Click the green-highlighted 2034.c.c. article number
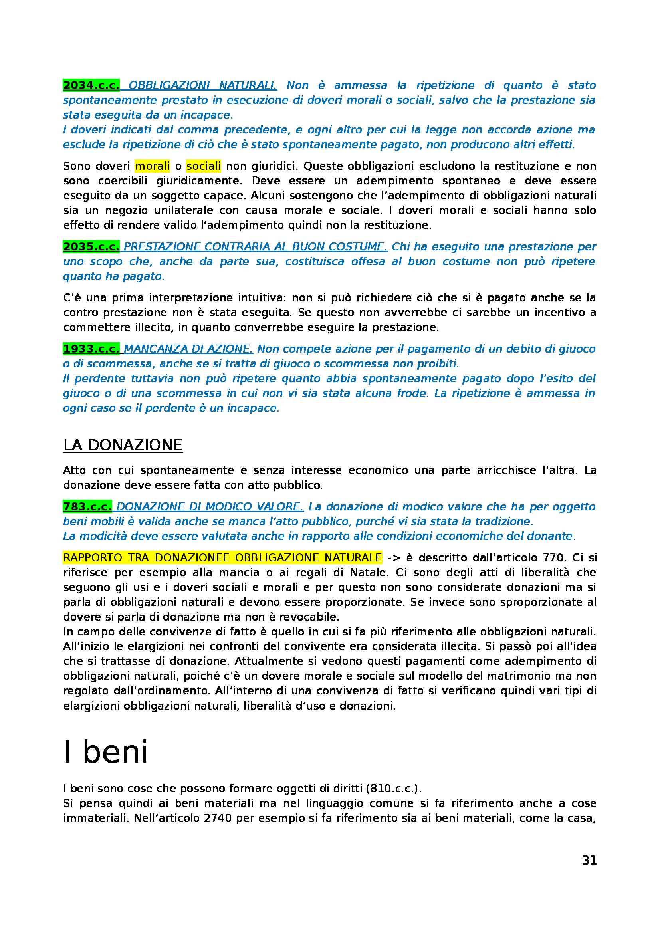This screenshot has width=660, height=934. coord(91,85)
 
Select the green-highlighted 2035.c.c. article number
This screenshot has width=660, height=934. coord(91,246)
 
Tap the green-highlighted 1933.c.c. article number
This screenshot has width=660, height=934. coord(91,349)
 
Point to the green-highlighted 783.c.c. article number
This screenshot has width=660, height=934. coord(87,506)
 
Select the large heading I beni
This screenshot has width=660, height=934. coord(106,752)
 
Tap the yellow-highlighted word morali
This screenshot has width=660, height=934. coord(153,166)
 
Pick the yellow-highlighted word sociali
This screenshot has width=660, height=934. coord(203,166)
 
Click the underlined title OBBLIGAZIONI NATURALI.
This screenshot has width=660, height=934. coord(202,85)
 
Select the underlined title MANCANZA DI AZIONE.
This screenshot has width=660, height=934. coord(188,349)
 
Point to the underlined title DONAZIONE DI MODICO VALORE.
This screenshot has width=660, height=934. coord(210,506)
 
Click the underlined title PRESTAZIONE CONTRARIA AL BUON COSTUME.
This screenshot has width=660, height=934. coord(256,246)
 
